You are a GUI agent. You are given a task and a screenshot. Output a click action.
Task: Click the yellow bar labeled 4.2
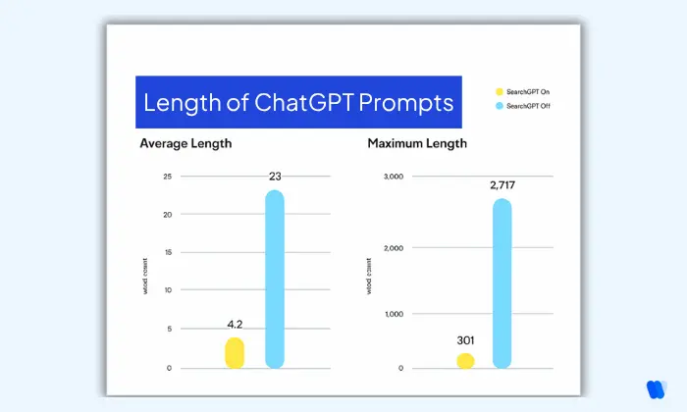coord(235,352)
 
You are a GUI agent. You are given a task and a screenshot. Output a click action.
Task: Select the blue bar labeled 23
coord(275,280)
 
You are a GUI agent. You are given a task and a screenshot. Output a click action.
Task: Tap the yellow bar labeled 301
coord(465,360)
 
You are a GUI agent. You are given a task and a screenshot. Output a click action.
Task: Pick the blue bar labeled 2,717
coord(502,283)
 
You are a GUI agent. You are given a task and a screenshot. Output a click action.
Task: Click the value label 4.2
coord(235,325)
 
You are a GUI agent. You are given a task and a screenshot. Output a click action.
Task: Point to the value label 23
coord(275,177)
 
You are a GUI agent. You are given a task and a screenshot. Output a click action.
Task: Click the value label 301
coord(465,340)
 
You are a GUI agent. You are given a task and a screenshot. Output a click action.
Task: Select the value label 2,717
coord(502,184)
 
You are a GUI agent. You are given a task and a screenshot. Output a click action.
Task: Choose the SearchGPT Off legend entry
coord(527,105)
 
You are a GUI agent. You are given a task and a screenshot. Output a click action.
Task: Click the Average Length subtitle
coord(185,144)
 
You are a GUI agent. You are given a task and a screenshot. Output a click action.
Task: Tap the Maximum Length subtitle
coord(417,144)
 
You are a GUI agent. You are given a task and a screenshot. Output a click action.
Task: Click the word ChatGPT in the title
coord(310,102)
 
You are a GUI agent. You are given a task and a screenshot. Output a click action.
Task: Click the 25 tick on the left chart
coord(167,177)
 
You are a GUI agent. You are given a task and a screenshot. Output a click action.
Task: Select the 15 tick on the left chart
coord(167,252)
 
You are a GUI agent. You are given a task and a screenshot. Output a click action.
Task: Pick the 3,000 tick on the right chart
coord(393,177)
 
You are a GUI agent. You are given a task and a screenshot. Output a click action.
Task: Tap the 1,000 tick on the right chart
coord(393,314)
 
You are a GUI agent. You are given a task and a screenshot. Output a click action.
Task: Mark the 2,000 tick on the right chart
coord(393,247)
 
